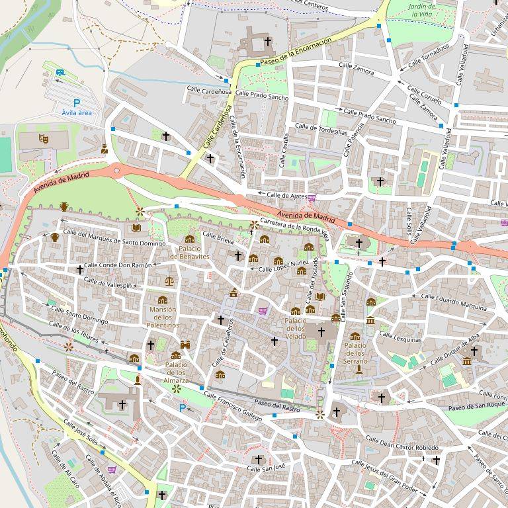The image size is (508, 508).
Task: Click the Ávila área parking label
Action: click(x=76, y=113)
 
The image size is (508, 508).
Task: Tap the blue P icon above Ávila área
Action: click(x=76, y=103)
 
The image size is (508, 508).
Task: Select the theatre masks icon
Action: click(x=44, y=138)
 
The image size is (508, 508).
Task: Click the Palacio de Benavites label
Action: click(x=190, y=252)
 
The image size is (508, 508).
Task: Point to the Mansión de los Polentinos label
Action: click(x=163, y=317)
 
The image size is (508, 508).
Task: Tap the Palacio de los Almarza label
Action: click(x=176, y=372)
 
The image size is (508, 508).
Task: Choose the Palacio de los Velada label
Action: click(x=295, y=328)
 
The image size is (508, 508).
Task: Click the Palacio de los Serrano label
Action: click(x=355, y=353)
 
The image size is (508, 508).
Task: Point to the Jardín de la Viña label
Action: click(x=422, y=9)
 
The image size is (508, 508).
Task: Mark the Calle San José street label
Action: click(x=265, y=467)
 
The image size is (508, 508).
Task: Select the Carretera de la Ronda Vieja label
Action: click(x=294, y=227)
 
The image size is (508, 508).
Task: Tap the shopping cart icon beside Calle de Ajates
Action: click(x=312, y=196)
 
